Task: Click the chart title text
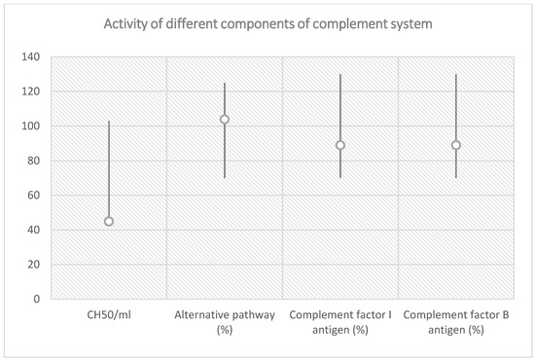click(x=267, y=23)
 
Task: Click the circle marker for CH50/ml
click(x=109, y=221)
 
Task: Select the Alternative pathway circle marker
click(x=225, y=120)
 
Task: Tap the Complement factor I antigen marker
click(x=340, y=145)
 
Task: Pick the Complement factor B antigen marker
click(x=456, y=145)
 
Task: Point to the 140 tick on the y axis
click(x=33, y=57)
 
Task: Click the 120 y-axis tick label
click(x=33, y=91)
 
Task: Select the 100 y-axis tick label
click(x=33, y=126)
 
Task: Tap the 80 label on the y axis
click(x=36, y=161)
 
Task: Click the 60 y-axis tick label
click(x=36, y=196)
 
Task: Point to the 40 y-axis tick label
click(x=36, y=230)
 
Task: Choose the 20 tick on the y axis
click(x=36, y=265)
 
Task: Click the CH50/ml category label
click(x=109, y=316)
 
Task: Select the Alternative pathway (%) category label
click(x=225, y=323)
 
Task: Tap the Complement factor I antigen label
click(x=340, y=323)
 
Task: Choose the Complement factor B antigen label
click(x=456, y=323)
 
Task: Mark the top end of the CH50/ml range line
click(x=109, y=122)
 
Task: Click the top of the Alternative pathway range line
click(x=225, y=84)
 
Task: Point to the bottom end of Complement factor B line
click(x=456, y=177)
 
